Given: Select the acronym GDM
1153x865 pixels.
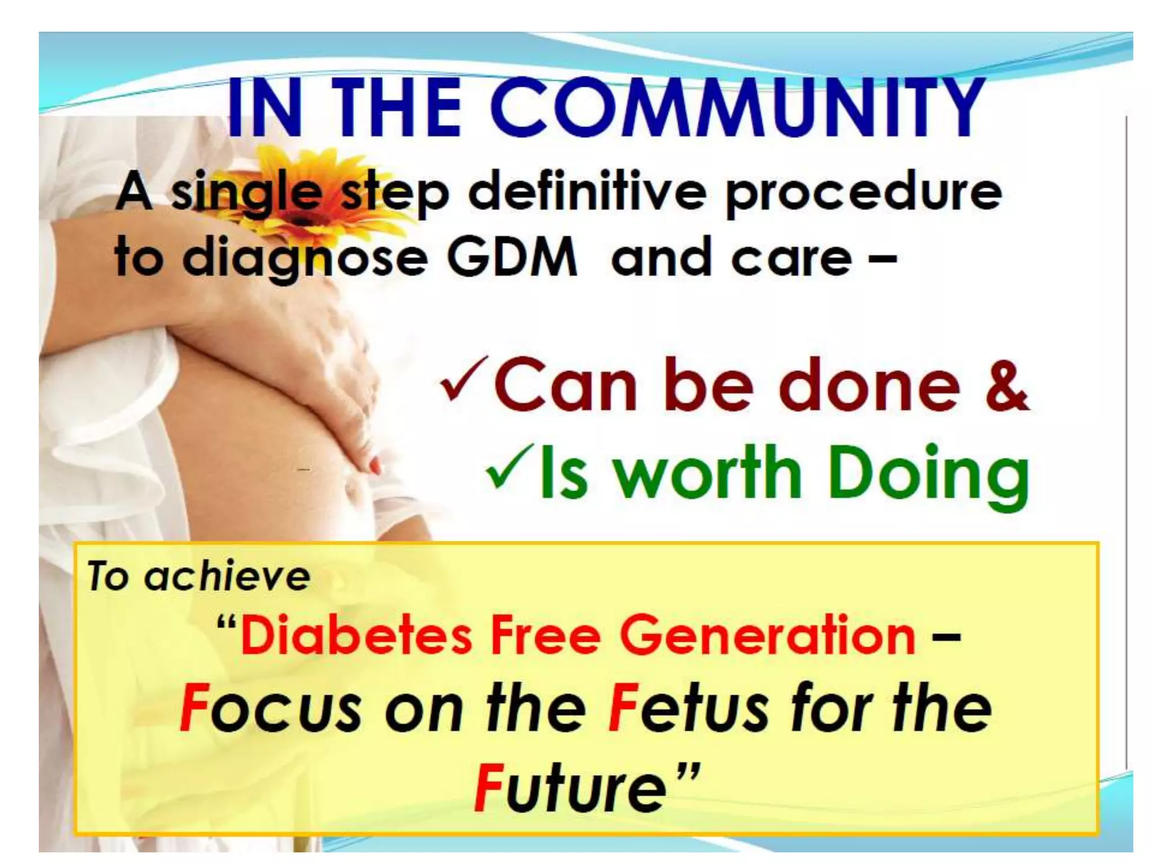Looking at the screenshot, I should (512, 258).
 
